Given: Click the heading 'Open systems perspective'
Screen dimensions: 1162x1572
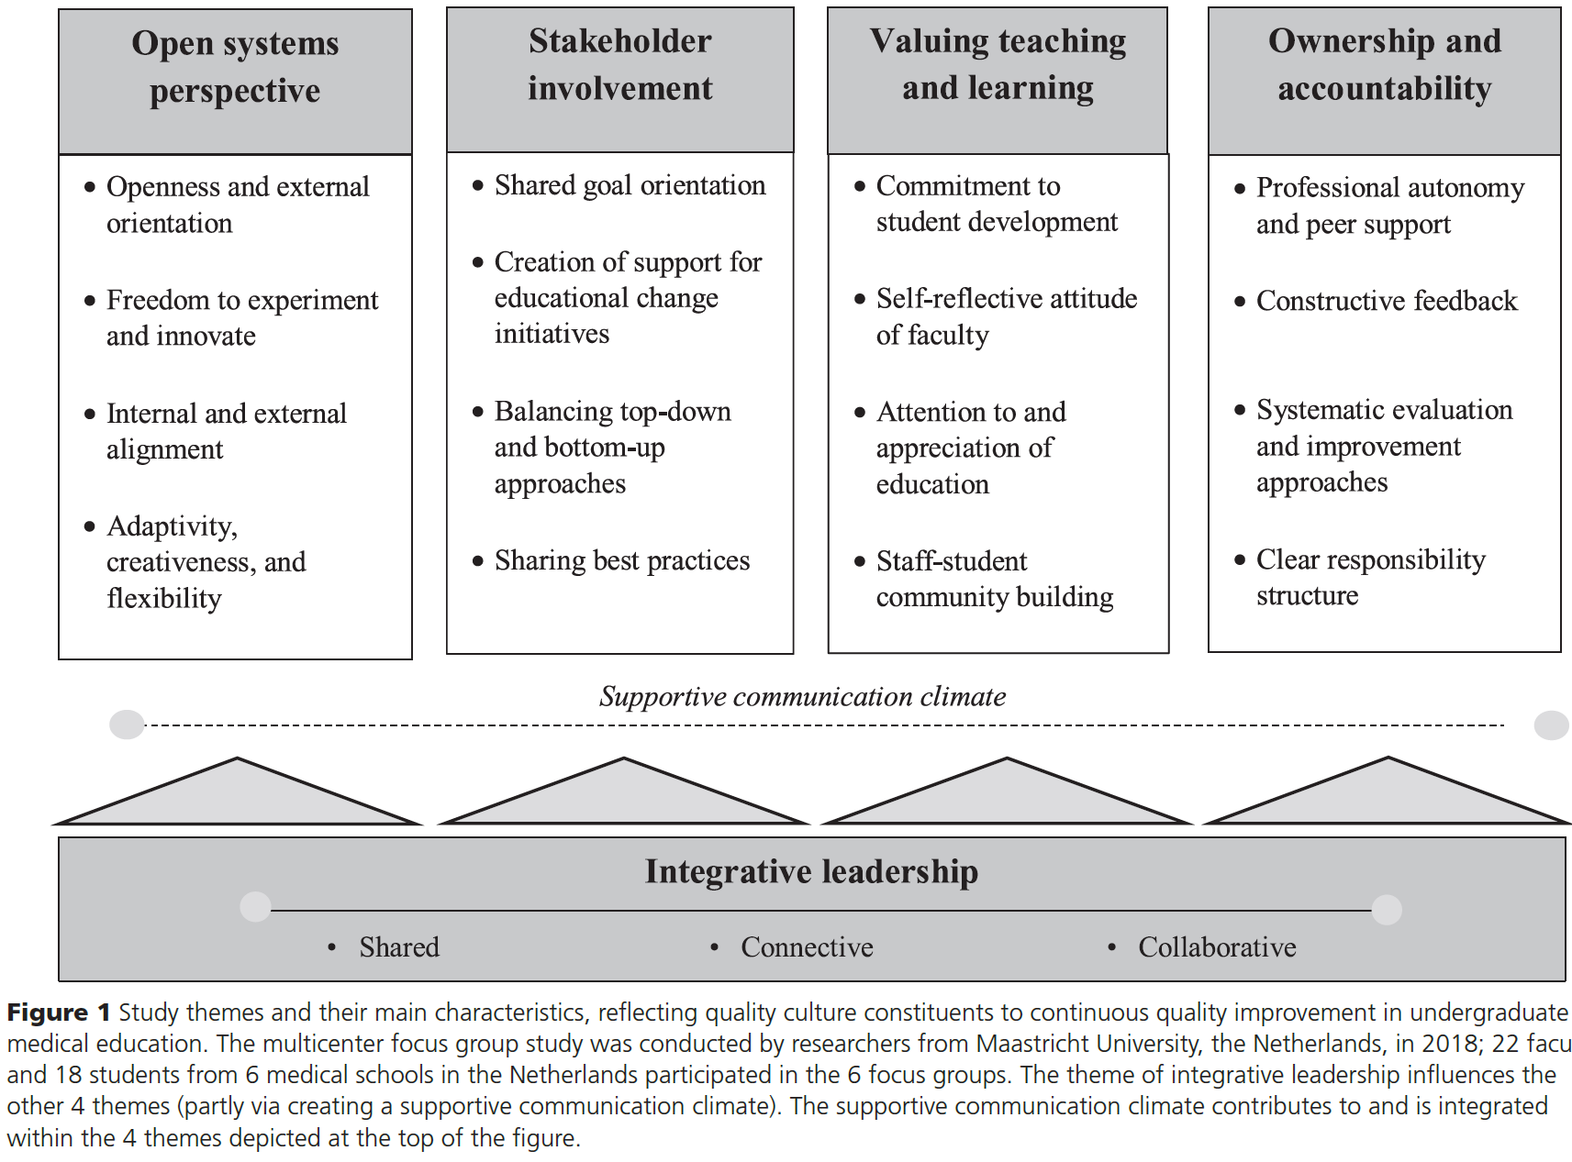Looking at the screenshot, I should pos(235,67).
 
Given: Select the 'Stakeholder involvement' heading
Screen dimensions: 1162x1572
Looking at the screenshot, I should pos(619,64).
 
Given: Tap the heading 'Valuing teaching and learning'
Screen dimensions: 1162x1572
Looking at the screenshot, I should pos(998,64).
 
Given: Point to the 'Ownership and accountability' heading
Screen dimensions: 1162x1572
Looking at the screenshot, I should pos(1384,64).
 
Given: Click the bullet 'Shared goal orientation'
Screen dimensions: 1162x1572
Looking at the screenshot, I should pos(630,185).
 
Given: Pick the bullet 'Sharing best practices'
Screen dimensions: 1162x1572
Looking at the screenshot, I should pos(621,560).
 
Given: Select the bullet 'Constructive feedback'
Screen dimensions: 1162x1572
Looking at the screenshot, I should pos(1386,301).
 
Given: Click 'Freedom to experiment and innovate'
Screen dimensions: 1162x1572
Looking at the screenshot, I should pos(241,317).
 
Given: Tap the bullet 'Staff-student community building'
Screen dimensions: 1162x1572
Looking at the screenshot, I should pos(994,579).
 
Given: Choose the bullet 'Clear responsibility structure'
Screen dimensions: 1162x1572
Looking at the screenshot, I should pos(1370,577).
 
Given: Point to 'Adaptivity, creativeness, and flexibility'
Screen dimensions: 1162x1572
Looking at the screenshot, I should pos(206,561).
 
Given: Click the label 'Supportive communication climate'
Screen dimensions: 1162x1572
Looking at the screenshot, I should pos(802,697).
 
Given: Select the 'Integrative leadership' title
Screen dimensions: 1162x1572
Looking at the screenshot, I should pos(811,871).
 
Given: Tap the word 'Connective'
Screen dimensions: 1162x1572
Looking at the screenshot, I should pos(807,947).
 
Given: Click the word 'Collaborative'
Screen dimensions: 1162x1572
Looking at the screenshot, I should pos(1217,947).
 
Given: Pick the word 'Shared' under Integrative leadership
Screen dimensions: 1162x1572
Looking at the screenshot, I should pos(399,947).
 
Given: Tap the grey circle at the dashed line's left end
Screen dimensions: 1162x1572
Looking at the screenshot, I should pos(127,725).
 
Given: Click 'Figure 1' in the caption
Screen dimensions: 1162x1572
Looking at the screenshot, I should pos(58,1013).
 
